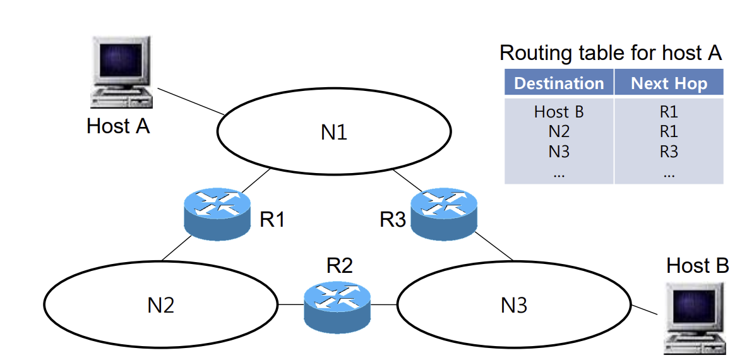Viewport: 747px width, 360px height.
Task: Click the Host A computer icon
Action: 121,72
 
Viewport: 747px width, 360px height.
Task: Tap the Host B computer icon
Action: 696,318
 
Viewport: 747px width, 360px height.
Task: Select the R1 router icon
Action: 217,214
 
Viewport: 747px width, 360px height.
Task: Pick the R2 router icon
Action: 337,307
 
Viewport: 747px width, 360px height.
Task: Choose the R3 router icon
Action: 444,213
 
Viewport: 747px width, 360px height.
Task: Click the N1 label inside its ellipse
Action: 334,132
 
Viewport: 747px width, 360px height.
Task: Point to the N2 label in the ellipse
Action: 160,305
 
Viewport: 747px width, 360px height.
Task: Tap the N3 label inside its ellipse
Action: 514,305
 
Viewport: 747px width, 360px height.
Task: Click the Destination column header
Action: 559,83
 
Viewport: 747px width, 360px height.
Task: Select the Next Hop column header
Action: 669,83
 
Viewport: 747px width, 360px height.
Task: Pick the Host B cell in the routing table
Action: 559,112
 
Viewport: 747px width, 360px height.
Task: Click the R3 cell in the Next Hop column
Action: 669,152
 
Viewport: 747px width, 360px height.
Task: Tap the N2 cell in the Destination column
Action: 559,131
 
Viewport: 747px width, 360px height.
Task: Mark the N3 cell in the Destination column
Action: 559,152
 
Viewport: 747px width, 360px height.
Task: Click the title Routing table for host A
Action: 611,53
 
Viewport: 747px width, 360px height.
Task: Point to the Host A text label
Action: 118,126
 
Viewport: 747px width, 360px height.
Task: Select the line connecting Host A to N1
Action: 191,101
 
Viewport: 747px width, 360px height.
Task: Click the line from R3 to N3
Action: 494,246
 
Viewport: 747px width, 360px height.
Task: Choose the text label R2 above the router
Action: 340,266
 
